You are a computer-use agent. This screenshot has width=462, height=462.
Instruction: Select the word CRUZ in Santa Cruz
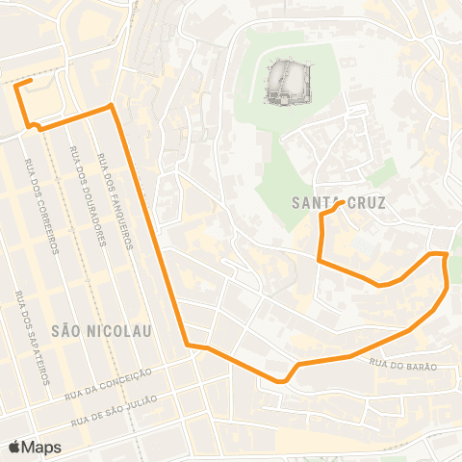pos(364,203)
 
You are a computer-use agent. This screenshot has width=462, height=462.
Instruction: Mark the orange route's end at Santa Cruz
pos(343,202)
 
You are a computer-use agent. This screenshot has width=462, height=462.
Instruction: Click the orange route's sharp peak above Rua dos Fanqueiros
pos(112,104)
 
